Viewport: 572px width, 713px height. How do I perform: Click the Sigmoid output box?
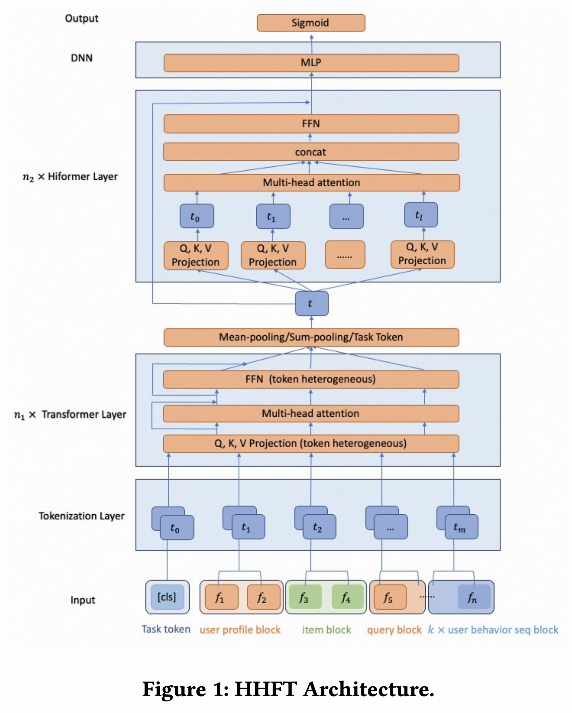(311, 23)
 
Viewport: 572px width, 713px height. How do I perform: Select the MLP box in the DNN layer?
(311, 63)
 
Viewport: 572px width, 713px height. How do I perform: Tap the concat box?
(311, 152)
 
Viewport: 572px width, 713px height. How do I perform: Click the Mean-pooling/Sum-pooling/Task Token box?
(311, 337)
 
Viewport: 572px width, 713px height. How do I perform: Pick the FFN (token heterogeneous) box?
(311, 379)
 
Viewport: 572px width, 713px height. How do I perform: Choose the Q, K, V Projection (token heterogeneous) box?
(311, 444)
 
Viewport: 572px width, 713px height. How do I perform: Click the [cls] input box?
(167, 597)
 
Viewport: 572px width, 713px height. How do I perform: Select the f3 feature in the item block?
(304, 597)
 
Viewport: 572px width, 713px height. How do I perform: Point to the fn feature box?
(473, 597)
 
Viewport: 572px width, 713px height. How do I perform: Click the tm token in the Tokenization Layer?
(460, 527)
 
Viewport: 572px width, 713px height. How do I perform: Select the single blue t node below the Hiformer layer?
(311, 303)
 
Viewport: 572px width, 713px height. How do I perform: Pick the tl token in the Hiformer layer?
(420, 215)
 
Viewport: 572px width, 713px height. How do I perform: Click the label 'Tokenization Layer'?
(81, 516)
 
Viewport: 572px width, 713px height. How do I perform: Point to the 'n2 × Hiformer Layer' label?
(70, 177)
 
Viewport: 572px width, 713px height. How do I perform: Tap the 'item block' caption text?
(326, 630)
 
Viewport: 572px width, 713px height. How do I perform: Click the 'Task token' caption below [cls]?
(166, 629)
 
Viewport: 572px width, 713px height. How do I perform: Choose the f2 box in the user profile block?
(262, 597)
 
